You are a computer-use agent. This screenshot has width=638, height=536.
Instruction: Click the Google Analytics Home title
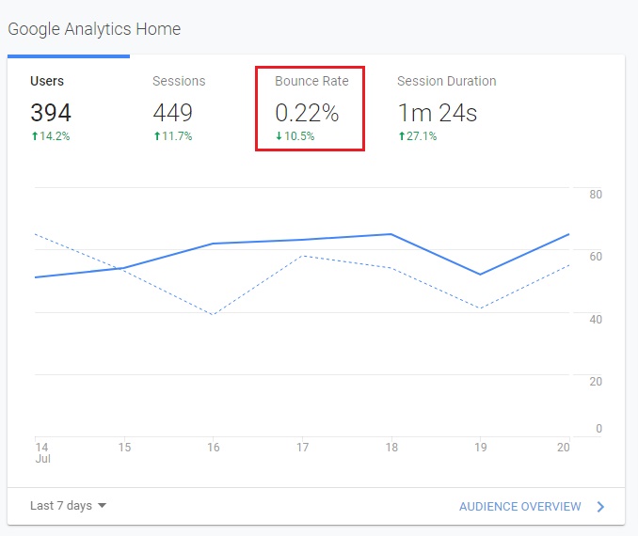pyautogui.click(x=94, y=29)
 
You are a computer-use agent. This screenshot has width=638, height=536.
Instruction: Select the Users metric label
pyautogui.click(x=47, y=82)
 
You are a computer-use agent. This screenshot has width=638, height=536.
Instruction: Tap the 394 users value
pyautogui.click(x=51, y=114)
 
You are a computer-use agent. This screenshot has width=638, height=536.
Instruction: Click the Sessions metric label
pyautogui.click(x=179, y=82)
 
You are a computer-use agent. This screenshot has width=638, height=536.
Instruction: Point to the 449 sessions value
pyautogui.click(x=172, y=114)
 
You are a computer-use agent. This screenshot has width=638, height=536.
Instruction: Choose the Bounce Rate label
pyautogui.click(x=311, y=82)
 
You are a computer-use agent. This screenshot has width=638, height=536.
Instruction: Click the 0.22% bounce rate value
pyautogui.click(x=307, y=114)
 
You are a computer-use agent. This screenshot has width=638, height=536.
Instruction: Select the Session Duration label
pyautogui.click(x=446, y=82)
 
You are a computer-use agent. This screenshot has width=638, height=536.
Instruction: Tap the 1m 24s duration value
pyautogui.click(x=437, y=114)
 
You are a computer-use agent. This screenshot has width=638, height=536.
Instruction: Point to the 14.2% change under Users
pyautogui.click(x=55, y=136)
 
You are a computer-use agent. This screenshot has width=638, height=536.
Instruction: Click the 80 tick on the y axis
pyautogui.click(x=596, y=195)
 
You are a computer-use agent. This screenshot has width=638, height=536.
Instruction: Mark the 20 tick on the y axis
pyautogui.click(x=596, y=382)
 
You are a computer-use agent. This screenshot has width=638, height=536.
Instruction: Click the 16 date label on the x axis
pyautogui.click(x=214, y=448)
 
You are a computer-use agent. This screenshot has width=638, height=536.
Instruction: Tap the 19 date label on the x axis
pyautogui.click(x=481, y=448)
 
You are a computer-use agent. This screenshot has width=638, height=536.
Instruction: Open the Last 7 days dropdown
pyautogui.click(x=68, y=506)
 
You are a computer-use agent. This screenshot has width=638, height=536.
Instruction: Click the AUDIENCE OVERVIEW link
pyautogui.click(x=520, y=507)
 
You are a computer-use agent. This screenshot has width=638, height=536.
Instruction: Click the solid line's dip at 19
pyautogui.click(x=481, y=275)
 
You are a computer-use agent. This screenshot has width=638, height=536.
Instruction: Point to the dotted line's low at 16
pyautogui.click(x=214, y=314)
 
